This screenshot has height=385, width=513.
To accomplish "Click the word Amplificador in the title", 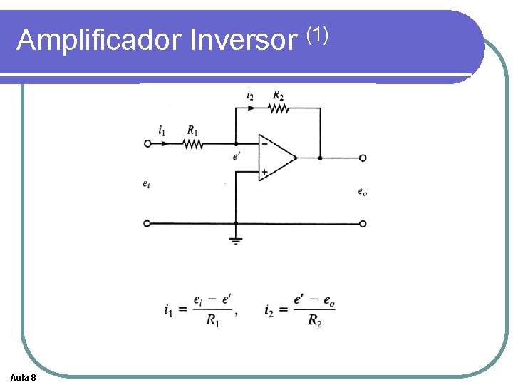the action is [99, 40].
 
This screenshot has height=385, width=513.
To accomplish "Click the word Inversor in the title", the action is [242, 40].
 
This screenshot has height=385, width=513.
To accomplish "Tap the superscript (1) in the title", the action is [316, 32].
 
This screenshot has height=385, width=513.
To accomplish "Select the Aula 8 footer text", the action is [24, 376].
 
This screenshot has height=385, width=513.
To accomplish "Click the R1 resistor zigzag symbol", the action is [192, 143].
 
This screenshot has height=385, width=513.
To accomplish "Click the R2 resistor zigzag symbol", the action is [279, 108].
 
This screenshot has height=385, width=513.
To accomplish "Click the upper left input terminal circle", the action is [147, 143].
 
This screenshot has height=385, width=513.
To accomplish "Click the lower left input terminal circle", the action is [147, 223].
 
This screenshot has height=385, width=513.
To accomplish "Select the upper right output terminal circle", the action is [363, 158].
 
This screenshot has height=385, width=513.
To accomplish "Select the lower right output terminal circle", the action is [363, 223].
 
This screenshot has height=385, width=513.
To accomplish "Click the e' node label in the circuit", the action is [237, 156].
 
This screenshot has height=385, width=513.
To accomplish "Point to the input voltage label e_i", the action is [146, 184].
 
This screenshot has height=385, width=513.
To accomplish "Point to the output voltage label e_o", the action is [363, 191].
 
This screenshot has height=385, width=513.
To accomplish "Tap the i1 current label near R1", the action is [162, 130].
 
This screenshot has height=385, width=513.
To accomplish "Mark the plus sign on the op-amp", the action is [264, 171].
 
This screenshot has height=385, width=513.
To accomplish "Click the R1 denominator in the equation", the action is [212, 321].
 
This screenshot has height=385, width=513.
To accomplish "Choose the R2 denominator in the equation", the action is [314, 321].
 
